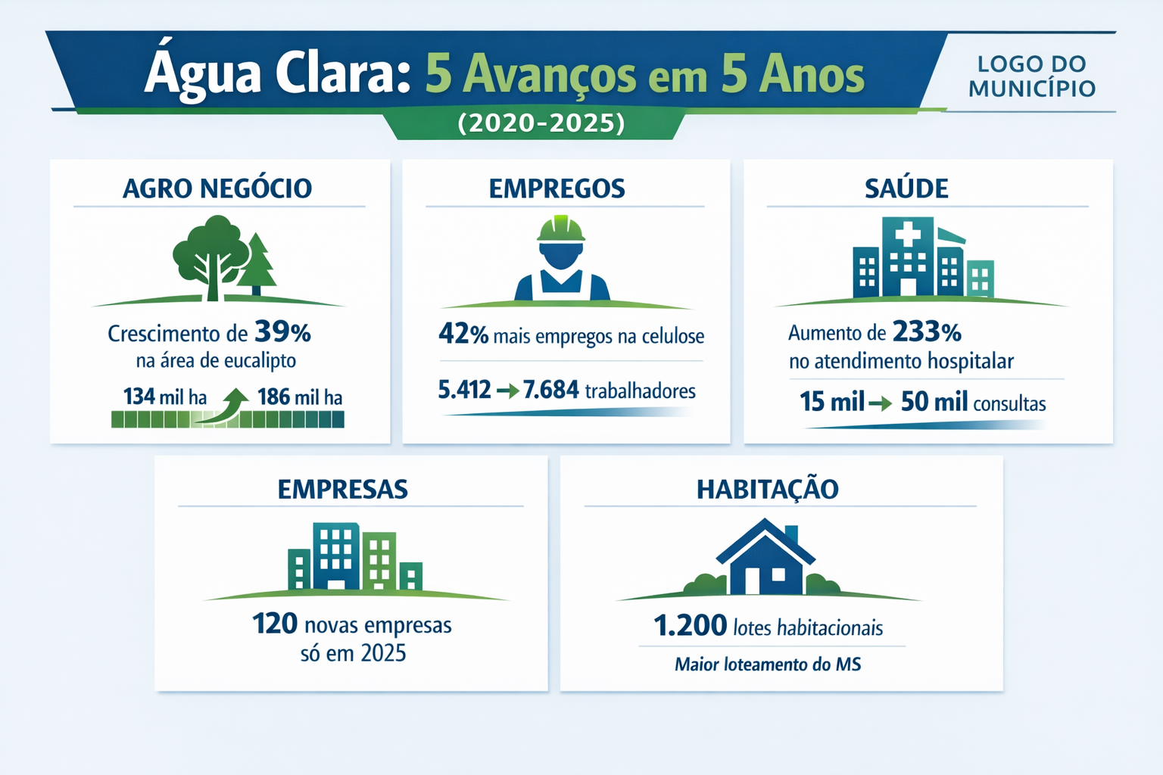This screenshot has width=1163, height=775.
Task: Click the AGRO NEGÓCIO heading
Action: (217, 188)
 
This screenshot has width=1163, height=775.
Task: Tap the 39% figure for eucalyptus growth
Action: (282, 331)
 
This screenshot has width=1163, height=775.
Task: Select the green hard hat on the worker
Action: (561, 229)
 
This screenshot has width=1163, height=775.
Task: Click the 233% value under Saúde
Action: (927, 331)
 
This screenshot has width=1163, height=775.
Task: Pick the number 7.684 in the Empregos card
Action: (551, 389)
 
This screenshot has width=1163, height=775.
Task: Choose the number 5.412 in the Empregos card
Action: (464, 389)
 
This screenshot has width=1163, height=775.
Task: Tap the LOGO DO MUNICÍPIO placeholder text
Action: (1032, 76)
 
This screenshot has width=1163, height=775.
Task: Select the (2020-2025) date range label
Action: (541, 123)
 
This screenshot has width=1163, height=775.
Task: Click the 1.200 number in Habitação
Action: (690, 625)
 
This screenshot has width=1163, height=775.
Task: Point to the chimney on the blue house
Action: (791, 534)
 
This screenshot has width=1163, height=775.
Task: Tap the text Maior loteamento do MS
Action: (768, 665)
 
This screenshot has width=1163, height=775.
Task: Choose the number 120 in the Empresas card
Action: (275, 624)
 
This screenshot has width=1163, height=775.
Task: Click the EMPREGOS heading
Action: (557, 188)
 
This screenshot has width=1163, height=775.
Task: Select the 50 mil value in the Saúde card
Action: (934, 402)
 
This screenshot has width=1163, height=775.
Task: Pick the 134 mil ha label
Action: (165, 397)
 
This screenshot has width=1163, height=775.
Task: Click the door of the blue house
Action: (753, 580)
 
